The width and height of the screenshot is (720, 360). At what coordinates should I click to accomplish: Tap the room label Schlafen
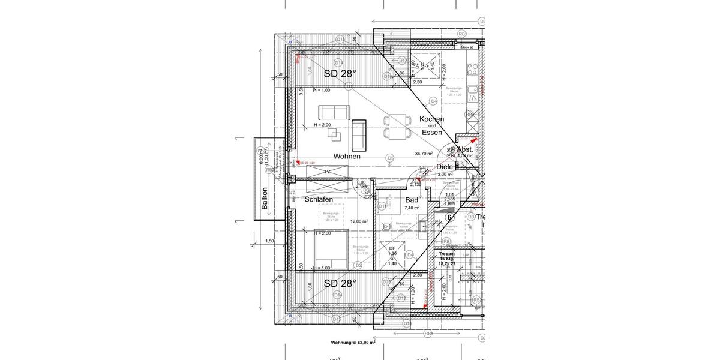[x=319, y=199]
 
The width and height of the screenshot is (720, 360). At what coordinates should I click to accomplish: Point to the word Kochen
[x=431, y=119]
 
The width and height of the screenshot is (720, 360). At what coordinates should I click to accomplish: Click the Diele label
[x=445, y=167]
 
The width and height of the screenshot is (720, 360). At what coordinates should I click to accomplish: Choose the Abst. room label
[x=465, y=149]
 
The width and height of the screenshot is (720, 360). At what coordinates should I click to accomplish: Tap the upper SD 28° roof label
[x=340, y=74]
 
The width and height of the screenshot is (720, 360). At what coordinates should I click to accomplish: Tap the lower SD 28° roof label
[x=340, y=283]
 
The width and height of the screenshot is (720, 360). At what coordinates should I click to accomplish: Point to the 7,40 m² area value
[x=412, y=208]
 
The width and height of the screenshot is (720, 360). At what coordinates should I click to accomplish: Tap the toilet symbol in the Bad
[x=388, y=226]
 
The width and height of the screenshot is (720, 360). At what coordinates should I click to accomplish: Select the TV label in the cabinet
[x=327, y=172]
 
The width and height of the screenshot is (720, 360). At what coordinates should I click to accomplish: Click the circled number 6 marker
[x=451, y=217]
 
